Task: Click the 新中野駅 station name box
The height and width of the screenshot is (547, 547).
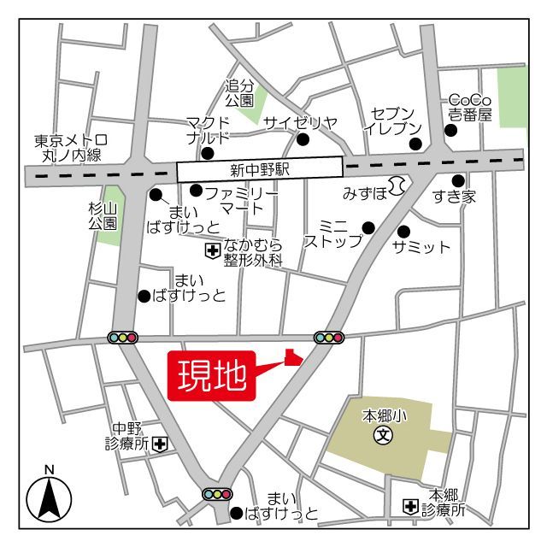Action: coord(260,169)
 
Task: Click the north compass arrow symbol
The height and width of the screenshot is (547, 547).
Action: coord(49,497)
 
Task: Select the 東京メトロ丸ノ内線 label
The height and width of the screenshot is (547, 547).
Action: coord(71,148)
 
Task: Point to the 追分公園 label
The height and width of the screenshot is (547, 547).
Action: coord(240,93)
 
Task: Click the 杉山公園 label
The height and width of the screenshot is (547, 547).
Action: coord(102,215)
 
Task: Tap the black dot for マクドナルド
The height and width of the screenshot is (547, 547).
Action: coord(207,154)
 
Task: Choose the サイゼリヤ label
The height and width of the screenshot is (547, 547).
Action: coord(300,122)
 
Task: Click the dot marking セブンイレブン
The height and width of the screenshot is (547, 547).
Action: coord(416,142)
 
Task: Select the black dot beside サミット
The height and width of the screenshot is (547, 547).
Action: coord(403,231)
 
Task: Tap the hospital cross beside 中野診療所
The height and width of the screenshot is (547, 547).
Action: coord(160,444)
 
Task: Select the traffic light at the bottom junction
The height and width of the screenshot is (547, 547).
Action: coord(217,493)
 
